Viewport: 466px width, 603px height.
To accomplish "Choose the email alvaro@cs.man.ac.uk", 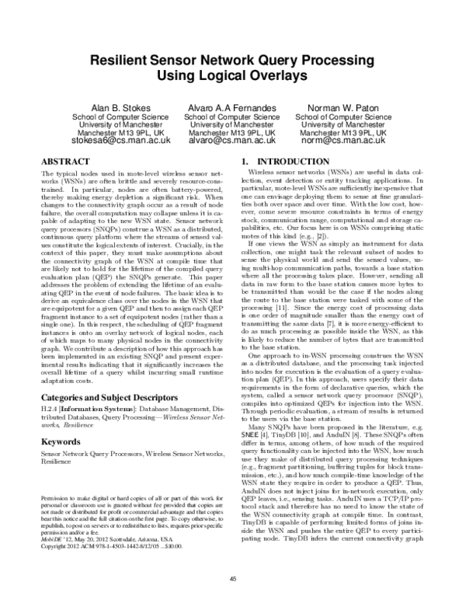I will [232, 142].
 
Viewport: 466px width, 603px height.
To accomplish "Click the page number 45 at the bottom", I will [232, 578].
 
